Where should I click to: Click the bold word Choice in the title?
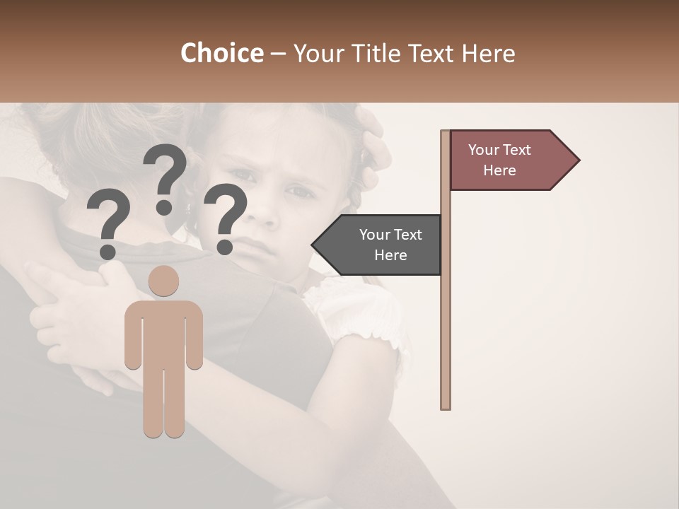pos(221,54)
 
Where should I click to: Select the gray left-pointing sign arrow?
pos(378,245)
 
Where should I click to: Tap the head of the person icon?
pos(164,281)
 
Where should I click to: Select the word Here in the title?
pos(489,54)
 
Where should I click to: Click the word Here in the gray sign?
pos(390,255)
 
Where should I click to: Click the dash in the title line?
pos(278,54)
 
